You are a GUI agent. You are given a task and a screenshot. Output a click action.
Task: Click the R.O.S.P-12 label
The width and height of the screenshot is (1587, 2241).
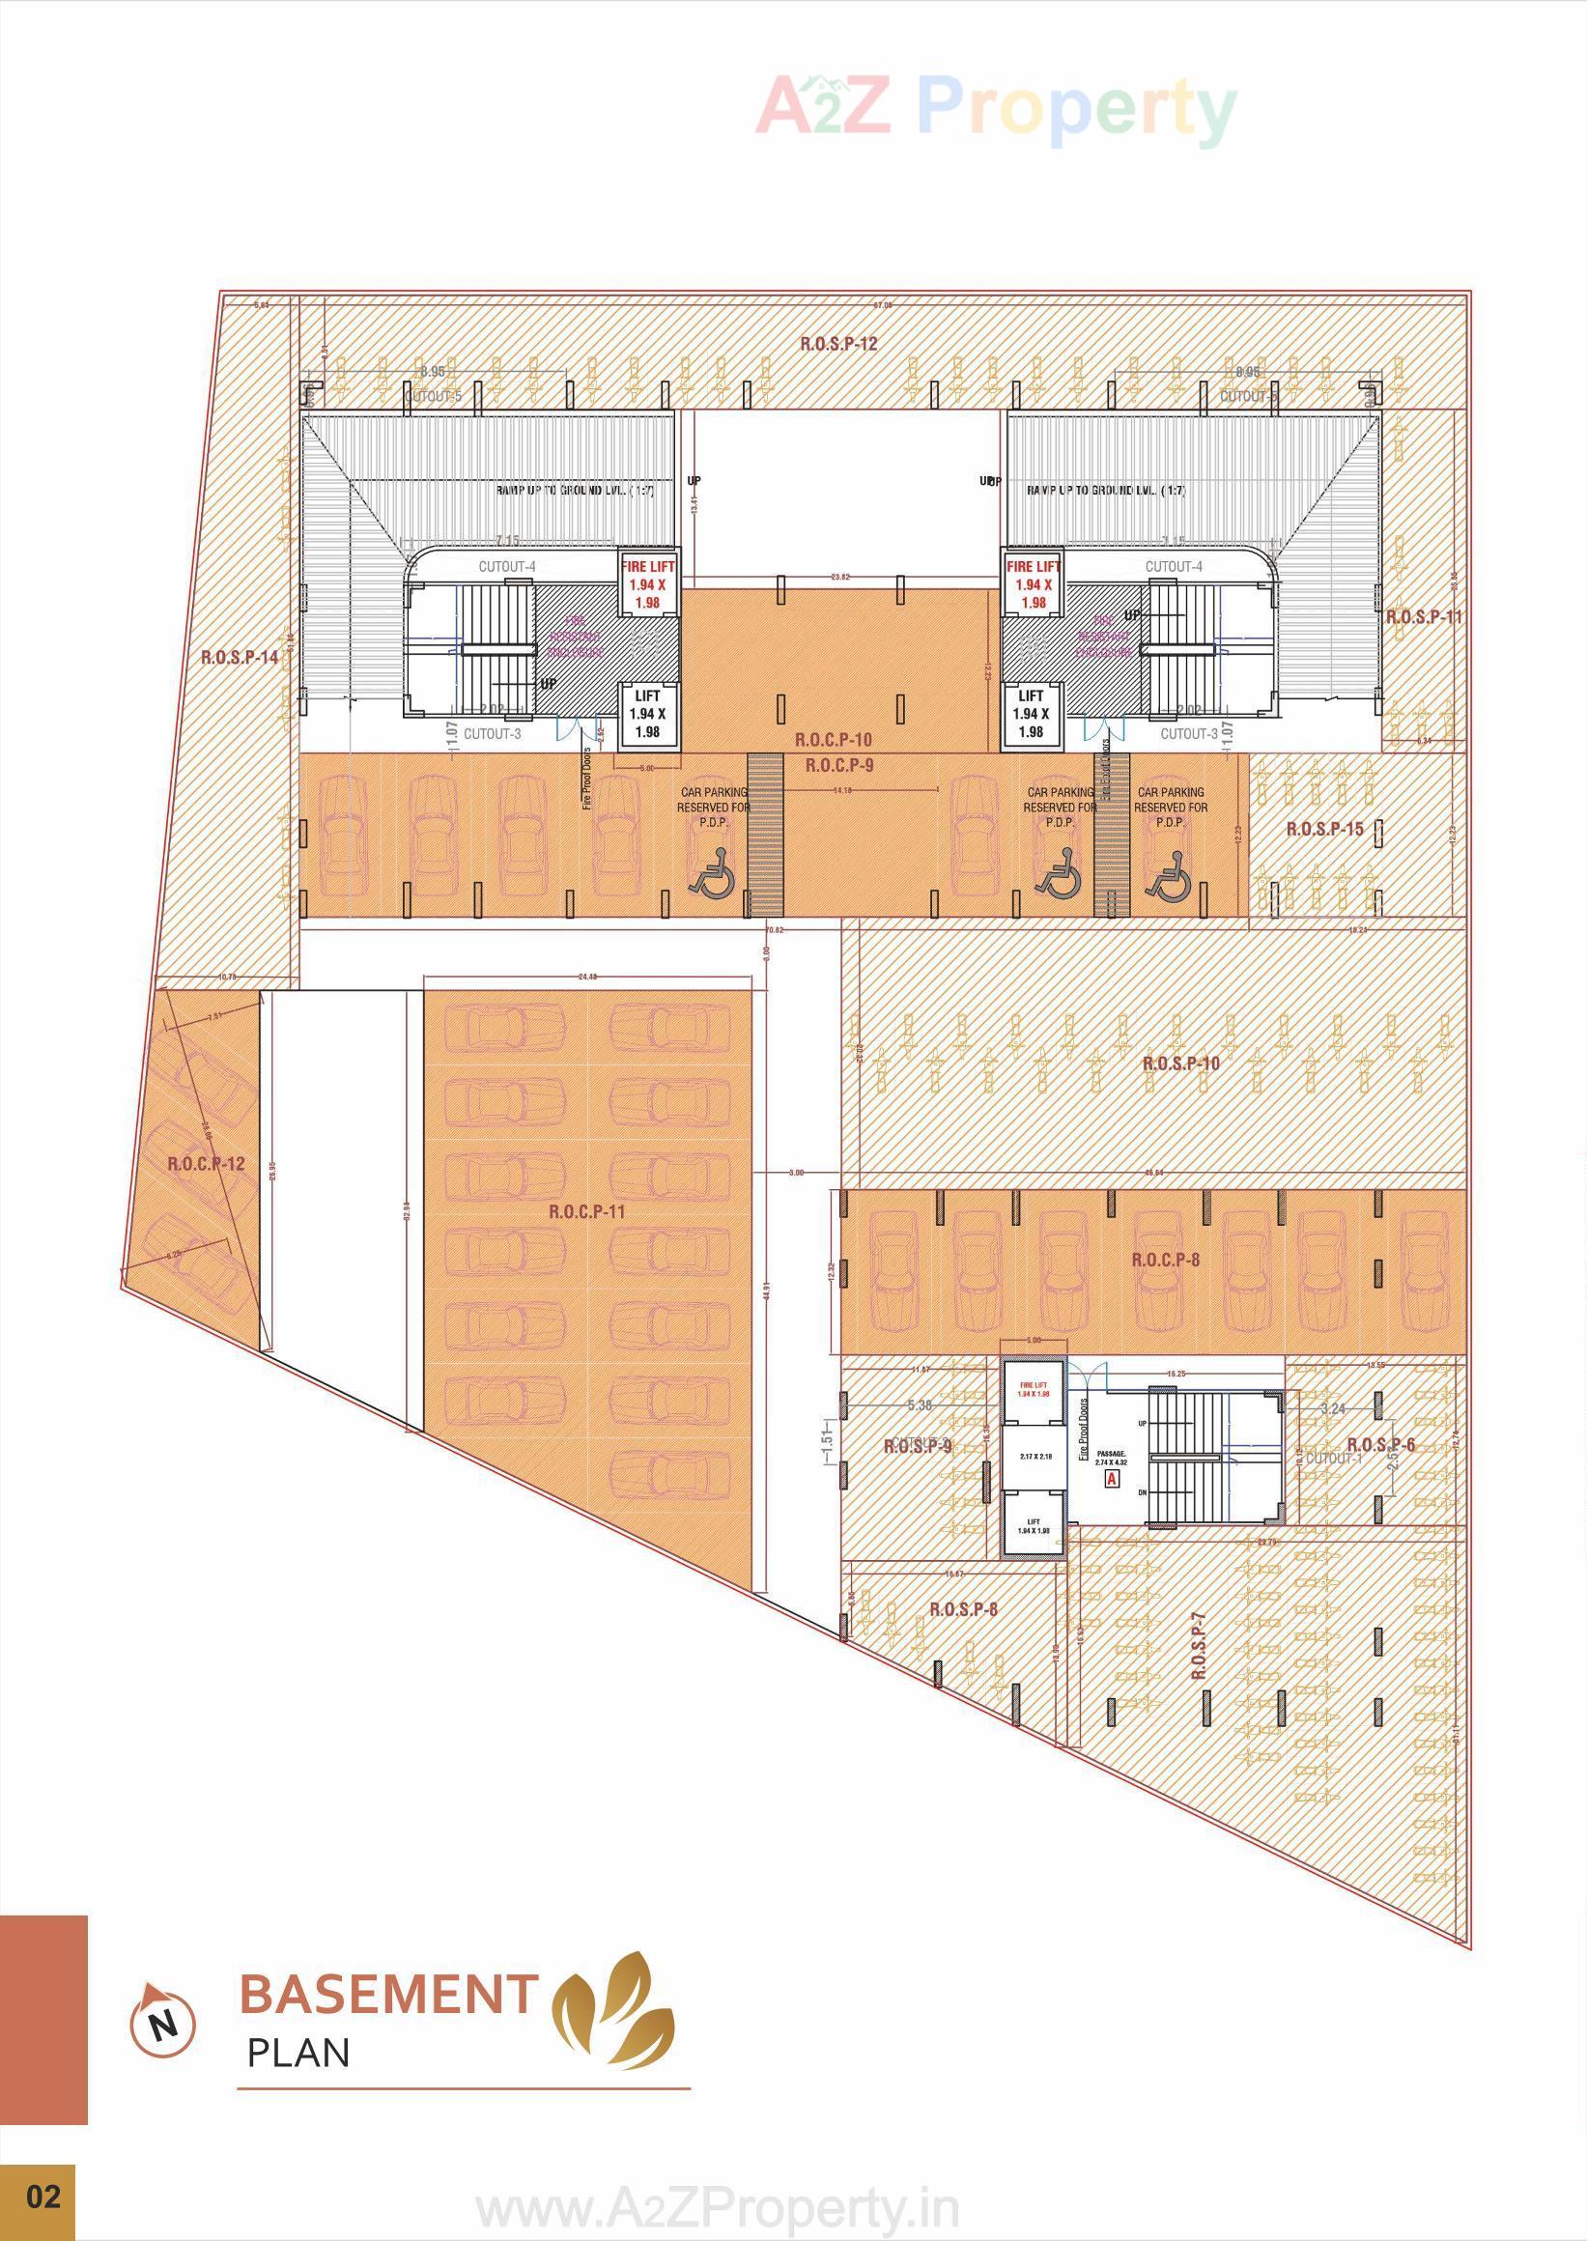coord(838,344)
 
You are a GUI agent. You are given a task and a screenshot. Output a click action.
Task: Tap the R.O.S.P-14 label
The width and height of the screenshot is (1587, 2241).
coord(240,658)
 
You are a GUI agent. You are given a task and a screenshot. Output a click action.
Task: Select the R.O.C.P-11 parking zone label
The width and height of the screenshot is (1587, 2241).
coord(586,1212)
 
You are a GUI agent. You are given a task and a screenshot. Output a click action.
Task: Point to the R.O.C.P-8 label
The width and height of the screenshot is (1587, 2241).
coord(1166,1260)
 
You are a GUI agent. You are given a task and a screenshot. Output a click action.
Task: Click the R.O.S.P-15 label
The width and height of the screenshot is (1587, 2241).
coord(1324,830)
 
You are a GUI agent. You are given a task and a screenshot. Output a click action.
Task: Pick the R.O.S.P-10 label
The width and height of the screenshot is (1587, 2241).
coord(1181,1064)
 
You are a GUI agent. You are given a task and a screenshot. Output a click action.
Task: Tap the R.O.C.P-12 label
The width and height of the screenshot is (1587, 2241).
coord(206,1164)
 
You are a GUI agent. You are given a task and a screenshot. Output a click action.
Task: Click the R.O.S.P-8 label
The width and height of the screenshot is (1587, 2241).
coord(964,1608)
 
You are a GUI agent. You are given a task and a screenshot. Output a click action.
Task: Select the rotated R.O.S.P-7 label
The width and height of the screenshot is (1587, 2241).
coord(1199,1646)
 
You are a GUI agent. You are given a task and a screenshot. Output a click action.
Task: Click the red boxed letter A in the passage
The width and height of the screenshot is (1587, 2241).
coord(1111,1480)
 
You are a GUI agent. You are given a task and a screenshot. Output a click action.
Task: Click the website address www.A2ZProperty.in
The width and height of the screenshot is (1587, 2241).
coord(718,2206)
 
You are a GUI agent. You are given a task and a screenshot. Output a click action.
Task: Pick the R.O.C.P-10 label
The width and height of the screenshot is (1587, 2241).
coord(834,741)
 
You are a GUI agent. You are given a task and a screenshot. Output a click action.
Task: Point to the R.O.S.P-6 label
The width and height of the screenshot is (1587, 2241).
coord(1380,1445)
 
